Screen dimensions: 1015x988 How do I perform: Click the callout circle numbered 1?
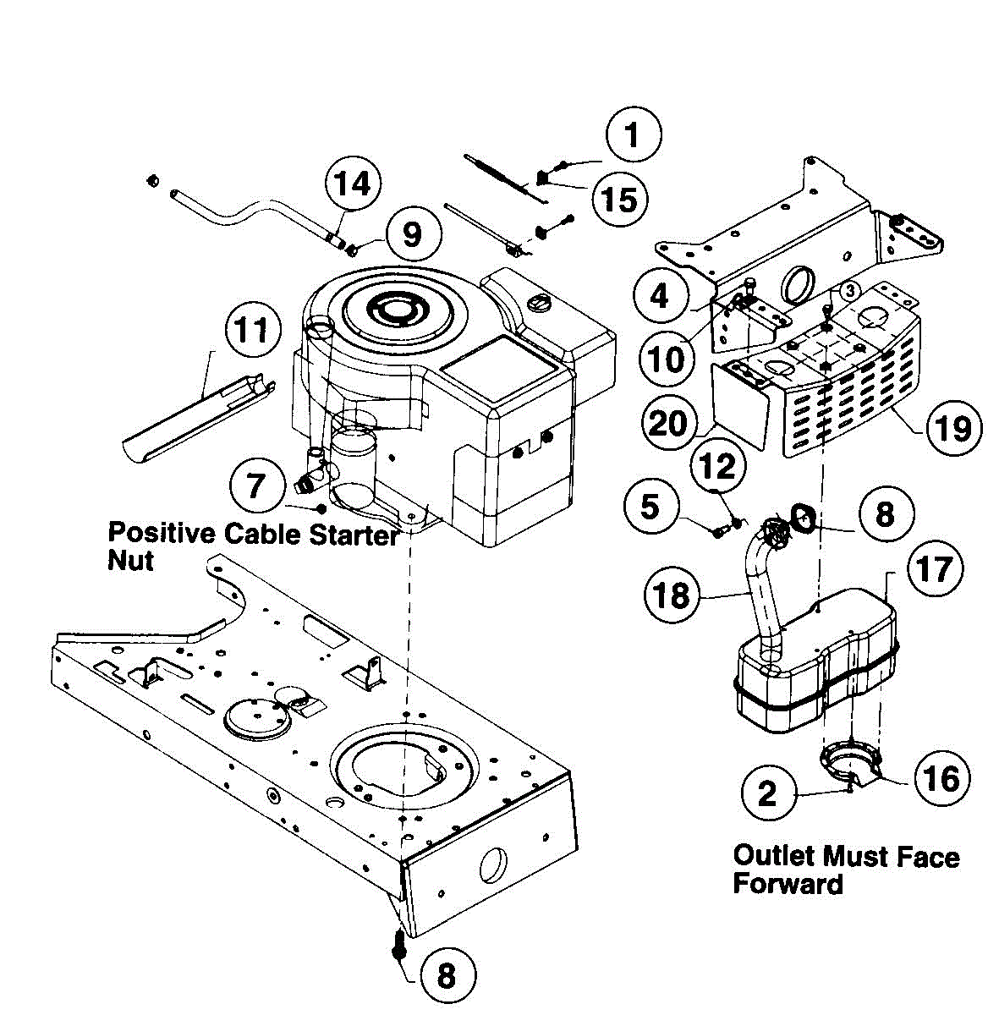pyautogui.click(x=633, y=134)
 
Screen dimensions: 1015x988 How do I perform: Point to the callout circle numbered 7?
pyautogui.click(x=256, y=486)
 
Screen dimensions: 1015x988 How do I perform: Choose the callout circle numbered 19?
pyautogui.click(x=953, y=428)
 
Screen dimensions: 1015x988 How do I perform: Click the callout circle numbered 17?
pyautogui.click(x=936, y=568)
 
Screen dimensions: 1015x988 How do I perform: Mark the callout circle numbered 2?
pyautogui.click(x=767, y=793)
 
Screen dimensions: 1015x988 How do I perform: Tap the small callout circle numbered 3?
pyautogui.click(x=849, y=290)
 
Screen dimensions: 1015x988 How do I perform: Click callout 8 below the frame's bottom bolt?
pyautogui.click(x=447, y=975)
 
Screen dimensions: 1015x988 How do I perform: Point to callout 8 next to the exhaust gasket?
pyautogui.click(x=884, y=513)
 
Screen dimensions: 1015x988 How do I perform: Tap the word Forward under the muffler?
pyautogui.click(x=788, y=884)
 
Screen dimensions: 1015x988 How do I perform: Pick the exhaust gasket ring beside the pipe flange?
pyautogui.click(x=802, y=517)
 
